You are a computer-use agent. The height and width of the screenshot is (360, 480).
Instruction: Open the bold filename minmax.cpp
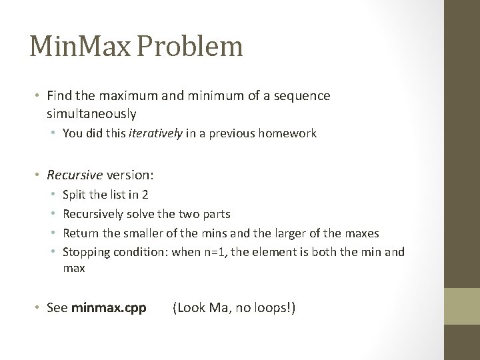109,308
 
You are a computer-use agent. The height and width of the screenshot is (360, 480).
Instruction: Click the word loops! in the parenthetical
275,308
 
